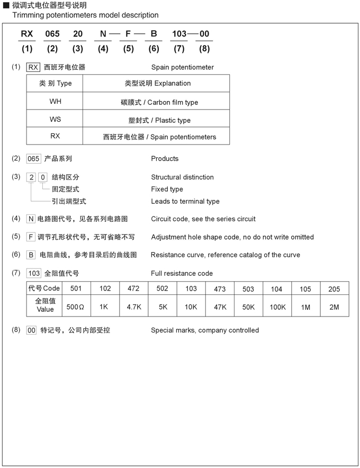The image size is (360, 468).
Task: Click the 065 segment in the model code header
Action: click(52, 34)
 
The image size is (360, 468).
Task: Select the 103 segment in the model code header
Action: click(179, 34)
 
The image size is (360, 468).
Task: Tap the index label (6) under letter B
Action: click(154, 49)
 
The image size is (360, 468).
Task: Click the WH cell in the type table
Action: click(55, 101)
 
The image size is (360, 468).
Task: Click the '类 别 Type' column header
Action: click(55, 83)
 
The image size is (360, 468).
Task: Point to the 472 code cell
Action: click(133, 289)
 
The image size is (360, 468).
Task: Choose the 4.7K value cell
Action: click(133, 307)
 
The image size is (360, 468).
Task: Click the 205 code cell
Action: click(334, 289)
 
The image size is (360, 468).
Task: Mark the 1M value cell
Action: click(305, 307)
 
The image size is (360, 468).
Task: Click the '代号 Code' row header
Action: click(44, 289)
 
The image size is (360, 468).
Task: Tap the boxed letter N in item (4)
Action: click(31, 219)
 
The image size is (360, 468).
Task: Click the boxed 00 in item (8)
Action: click(32, 330)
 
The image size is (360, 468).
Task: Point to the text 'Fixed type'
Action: click(167, 189)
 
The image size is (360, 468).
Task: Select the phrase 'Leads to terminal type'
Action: click(185, 201)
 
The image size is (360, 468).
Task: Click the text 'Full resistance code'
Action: click(182, 273)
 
